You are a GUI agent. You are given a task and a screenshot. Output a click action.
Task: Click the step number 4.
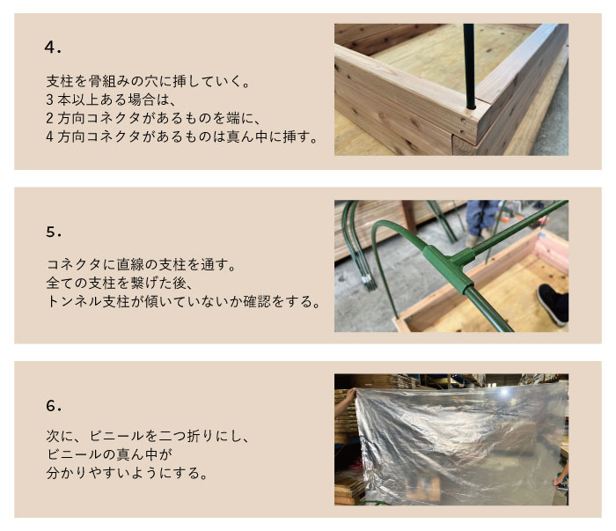pyautogui.click(x=53, y=48)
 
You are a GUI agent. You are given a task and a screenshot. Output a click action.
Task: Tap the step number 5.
pyautogui.click(x=54, y=232)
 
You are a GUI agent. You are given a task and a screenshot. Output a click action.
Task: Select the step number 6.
pyautogui.click(x=54, y=406)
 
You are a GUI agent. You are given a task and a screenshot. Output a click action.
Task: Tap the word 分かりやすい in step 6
pyautogui.click(x=88, y=473)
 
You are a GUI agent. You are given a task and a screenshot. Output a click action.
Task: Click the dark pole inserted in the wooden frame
pyautogui.click(x=469, y=66)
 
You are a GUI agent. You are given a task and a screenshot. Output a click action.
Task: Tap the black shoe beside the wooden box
pyautogui.click(x=554, y=303)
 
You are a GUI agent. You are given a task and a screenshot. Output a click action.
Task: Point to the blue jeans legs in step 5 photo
pyautogui.click(x=480, y=218)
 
